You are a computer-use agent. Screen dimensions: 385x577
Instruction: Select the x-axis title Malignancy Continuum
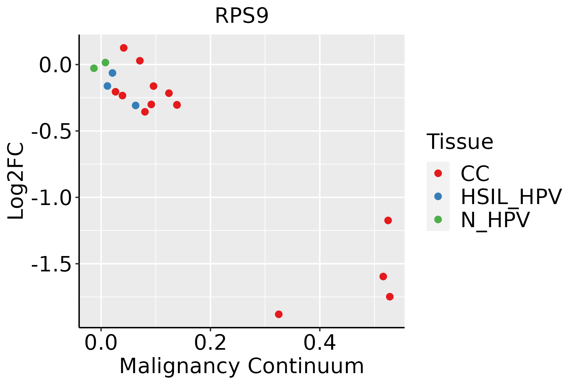(x=241, y=366)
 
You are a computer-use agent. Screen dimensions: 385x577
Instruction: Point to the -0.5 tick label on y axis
(x=51, y=132)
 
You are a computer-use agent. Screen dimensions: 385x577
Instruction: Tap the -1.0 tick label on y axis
(x=51, y=198)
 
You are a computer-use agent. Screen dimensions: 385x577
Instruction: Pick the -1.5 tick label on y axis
(x=51, y=264)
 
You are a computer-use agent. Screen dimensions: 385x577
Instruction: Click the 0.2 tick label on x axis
(x=210, y=343)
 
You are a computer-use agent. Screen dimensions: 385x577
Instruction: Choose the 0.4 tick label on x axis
(x=320, y=343)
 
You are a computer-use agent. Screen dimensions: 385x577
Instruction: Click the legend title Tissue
(x=460, y=142)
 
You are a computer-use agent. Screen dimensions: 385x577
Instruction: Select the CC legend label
(x=475, y=174)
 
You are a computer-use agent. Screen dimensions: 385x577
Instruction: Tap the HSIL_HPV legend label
(x=511, y=197)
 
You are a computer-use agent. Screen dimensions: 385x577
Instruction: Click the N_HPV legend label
(x=495, y=220)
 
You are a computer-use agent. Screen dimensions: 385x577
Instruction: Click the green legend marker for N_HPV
(x=438, y=219)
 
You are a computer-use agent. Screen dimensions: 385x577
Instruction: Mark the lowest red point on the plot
(x=279, y=314)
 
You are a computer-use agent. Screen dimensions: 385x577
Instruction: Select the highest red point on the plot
(x=124, y=48)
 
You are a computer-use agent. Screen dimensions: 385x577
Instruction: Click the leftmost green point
(x=94, y=68)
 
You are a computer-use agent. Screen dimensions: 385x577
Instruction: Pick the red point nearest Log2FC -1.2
(x=388, y=220)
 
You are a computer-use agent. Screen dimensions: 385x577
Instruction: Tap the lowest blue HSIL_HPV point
(x=136, y=105)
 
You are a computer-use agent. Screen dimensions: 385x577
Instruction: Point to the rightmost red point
(x=390, y=297)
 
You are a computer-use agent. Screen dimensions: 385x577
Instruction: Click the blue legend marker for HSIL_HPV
(x=438, y=196)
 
